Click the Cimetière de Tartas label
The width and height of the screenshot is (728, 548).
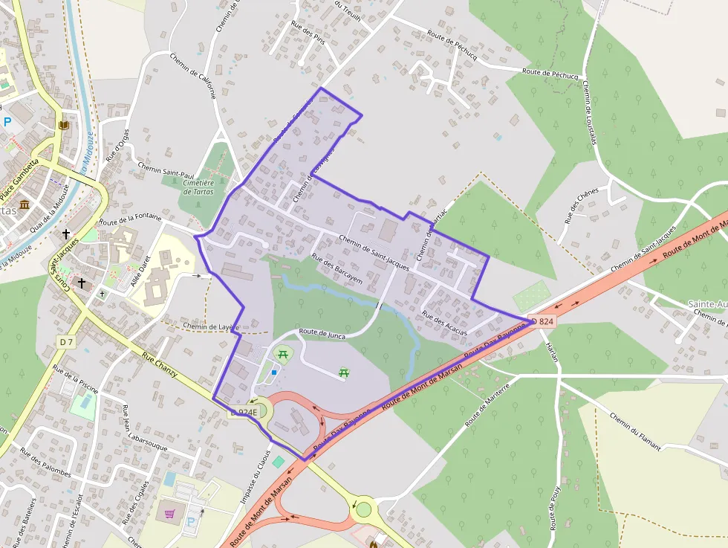(x=198, y=187)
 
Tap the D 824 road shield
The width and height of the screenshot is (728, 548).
(x=542, y=321)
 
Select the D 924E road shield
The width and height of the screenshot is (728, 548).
(x=244, y=412)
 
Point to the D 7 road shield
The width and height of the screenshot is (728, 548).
(x=67, y=341)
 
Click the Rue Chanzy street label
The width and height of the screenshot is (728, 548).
(x=160, y=365)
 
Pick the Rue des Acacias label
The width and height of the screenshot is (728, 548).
(x=444, y=324)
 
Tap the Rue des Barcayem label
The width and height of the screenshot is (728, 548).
(x=337, y=270)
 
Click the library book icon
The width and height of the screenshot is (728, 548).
(x=64, y=125)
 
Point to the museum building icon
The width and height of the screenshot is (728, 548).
(x=25, y=204)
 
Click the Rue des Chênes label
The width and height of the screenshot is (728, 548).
(x=581, y=205)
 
